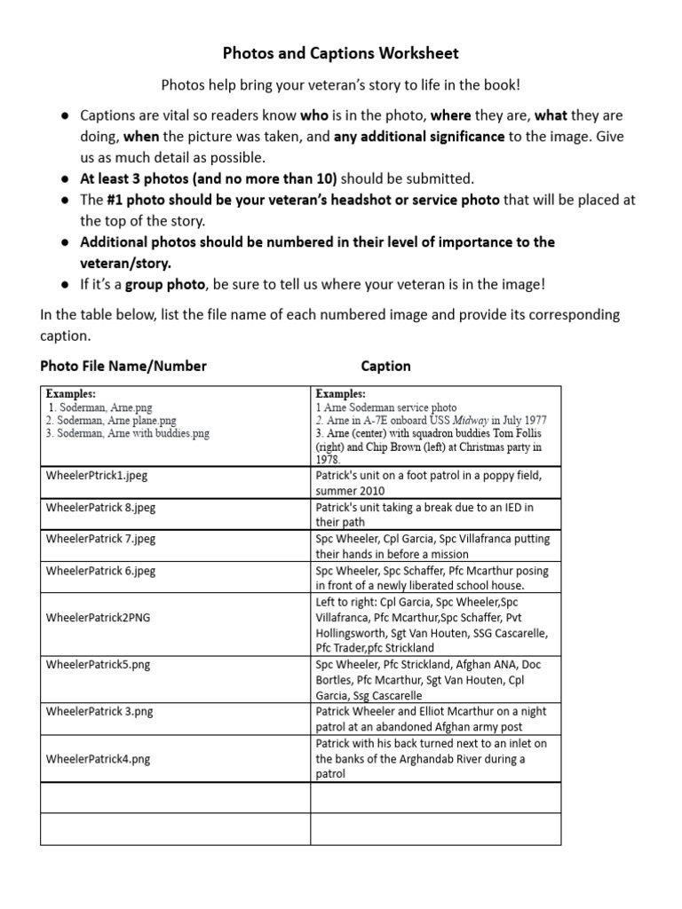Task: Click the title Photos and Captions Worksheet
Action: (x=341, y=53)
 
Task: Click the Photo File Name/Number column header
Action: (x=123, y=366)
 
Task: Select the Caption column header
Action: (x=385, y=366)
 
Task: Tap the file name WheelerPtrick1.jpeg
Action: (x=97, y=476)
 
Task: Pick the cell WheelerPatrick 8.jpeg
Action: (x=100, y=507)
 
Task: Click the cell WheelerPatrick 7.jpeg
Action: (x=100, y=539)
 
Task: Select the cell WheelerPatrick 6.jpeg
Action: (x=100, y=571)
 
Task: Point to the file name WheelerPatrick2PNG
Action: (x=97, y=619)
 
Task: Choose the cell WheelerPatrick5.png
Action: (x=98, y=664)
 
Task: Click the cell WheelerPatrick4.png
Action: (x=98, y=759)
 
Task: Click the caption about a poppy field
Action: (x=428, y=483)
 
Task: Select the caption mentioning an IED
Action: (x=424, y=515)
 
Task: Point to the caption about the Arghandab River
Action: (x=431, y=759)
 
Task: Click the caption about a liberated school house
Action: (x=432, y=578)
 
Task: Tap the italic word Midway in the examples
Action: (x=468, y=420)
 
